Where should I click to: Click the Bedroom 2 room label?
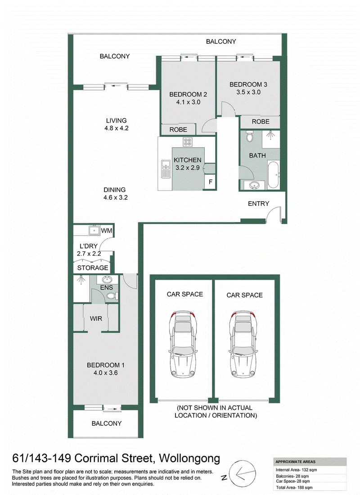[188, 94]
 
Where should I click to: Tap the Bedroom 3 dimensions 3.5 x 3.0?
[248, 92]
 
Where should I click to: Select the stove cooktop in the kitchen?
[187, 142]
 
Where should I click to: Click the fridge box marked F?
[211, 182]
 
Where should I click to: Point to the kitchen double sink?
[165, 169]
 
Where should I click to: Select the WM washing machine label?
[107, 231]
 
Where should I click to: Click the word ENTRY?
[258, 204]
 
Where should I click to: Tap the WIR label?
[96, 318]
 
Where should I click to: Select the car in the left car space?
[183, 344]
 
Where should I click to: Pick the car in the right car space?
[243, 344]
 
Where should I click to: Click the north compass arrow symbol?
[242, 473]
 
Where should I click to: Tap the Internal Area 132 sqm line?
[296, 470]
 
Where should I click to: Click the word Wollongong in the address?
[189, 458]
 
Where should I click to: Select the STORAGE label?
[93, 268]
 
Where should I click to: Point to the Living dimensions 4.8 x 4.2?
[117, 128]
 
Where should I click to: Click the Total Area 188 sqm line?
[294, 487]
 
